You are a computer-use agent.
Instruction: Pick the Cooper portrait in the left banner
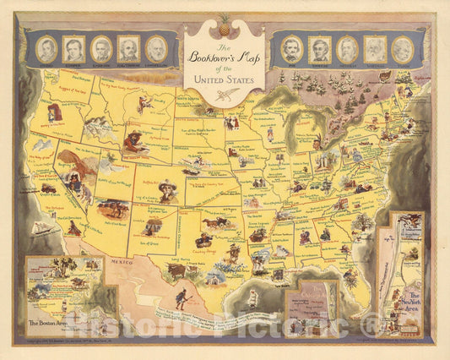point(74,48)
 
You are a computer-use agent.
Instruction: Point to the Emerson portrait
point(101,48)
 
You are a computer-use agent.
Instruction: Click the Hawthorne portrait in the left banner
point(128,48)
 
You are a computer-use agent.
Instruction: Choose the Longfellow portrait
point(155,48)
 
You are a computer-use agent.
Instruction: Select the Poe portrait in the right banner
point(292,48)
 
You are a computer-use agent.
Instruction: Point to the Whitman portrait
point(374,48)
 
